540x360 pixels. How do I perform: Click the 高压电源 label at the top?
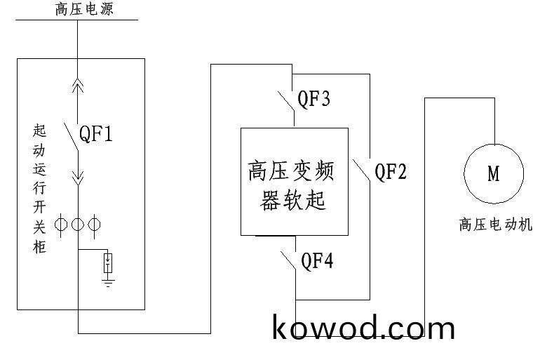pos(84,9)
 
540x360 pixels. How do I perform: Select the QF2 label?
pos(391,171)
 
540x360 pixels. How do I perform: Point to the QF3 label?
pos(314,98)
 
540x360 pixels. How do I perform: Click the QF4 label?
pos(317,261)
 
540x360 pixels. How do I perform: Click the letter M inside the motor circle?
pos(494,173)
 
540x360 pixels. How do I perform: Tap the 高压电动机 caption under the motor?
pos(495,225)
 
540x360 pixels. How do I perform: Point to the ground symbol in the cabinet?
pos(107,283)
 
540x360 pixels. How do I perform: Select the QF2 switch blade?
pos(360,171)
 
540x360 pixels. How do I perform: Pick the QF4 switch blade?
pos(286,261)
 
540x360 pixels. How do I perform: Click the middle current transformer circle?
pos(77,225)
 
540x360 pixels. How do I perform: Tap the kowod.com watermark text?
pos(363,328)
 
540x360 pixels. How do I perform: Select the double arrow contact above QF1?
pos(78,86)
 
